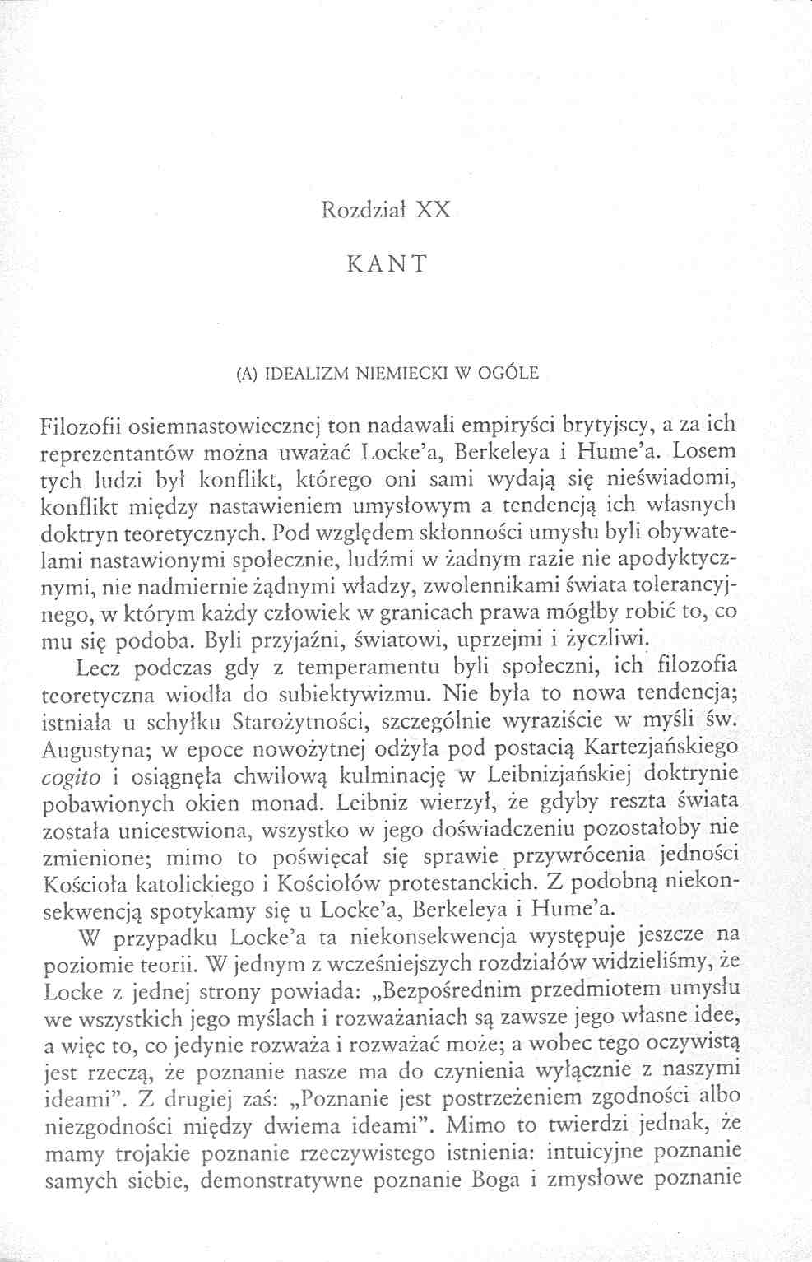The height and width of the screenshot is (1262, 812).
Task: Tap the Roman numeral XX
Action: coord(432,209)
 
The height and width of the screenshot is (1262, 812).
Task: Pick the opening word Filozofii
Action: coord(81,426)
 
